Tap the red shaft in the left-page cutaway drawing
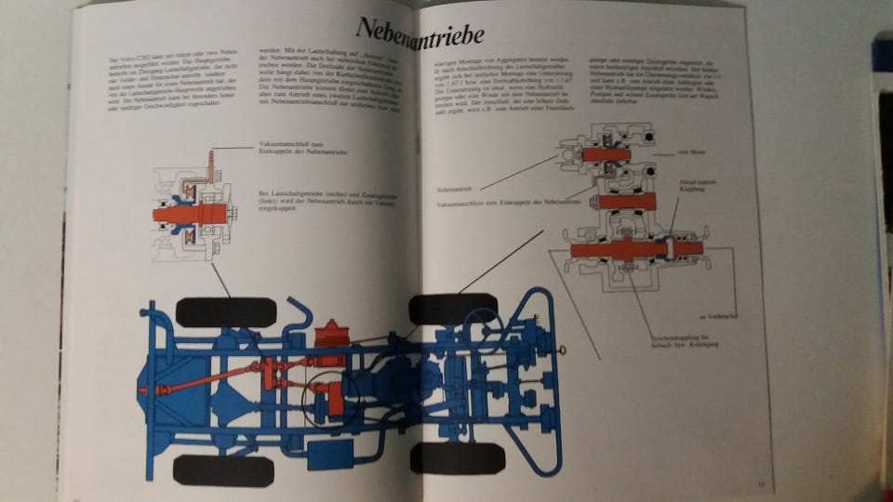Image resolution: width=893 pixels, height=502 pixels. pos(190,213)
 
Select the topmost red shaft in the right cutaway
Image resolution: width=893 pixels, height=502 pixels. pos(606,154)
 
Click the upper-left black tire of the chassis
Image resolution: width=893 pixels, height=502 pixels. pos(225,311)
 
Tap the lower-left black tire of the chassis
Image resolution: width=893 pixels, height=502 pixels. pos(223,469)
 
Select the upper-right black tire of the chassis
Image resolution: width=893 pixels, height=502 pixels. pos(452,308)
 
